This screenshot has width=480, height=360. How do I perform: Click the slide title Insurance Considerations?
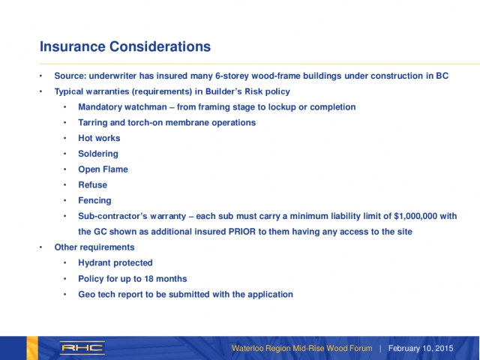click(x=124, y=46)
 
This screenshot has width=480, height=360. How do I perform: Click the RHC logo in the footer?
click(x=82, y=348)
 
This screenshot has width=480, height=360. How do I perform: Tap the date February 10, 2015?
click(x=421, y=349)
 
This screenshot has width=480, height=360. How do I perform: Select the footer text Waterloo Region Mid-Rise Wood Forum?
click(x=301, y=349)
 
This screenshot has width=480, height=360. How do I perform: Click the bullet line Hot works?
click(x=99, y=138)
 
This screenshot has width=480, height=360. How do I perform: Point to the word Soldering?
click(x=97, y=154)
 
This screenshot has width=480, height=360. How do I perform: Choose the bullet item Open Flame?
click(x=103, y=169)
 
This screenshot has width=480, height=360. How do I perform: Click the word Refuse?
click(x=92, y=184)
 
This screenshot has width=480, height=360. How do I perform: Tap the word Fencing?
click(x=94, y=200)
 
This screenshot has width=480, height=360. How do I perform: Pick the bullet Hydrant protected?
click(x=115, y=262)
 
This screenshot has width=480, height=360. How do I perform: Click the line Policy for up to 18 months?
click(x=132, y=278)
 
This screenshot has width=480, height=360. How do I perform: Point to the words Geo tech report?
click(x=110, y=294)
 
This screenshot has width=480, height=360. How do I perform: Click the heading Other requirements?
click(x=94, y=247)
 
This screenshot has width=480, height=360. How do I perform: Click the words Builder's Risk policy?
click(x=243, y=91)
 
